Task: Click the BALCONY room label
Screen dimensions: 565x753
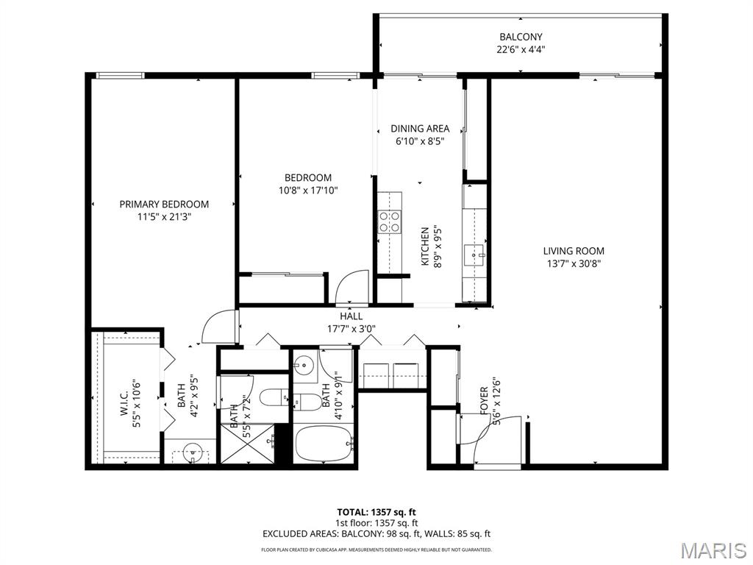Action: tap(521, 37)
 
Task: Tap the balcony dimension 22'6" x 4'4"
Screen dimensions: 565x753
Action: tap(521, 50)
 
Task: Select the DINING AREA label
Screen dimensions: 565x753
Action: tap(420, 129)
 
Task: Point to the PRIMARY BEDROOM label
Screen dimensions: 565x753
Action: tap(164, 205)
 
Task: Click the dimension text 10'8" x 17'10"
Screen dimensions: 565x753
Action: tap(308, 191)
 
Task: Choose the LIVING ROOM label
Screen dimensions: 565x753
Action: tap(574, 251)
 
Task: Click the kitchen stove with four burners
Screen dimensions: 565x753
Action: tap(390, 221)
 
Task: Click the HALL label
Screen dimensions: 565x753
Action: tap(351, 316)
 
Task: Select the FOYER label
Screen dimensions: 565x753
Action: tap(484, 401)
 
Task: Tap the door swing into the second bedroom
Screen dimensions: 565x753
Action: tap(352, 287)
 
